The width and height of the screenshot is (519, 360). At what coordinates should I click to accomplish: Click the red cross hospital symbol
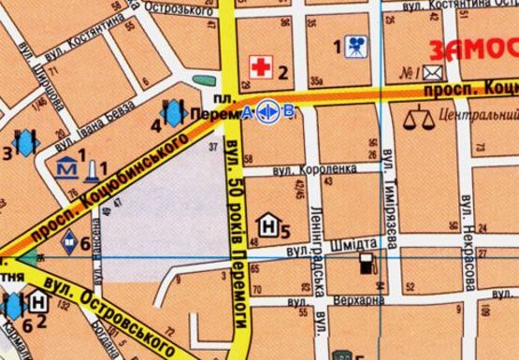click(259, 65)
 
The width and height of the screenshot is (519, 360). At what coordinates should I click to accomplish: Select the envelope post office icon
click(432, 72)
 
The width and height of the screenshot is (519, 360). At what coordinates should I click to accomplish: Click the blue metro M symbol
click(67, 169)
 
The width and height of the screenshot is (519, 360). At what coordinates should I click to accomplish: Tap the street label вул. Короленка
click(315, 171)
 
